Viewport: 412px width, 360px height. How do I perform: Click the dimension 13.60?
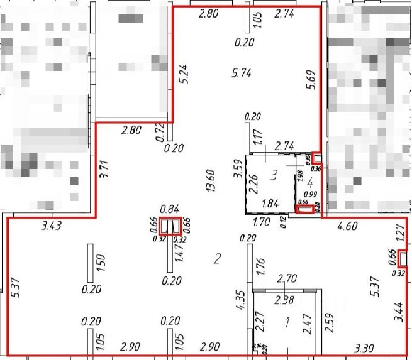211,180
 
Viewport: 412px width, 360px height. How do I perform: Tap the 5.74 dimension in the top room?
242,73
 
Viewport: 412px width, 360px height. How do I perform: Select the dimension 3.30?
365,347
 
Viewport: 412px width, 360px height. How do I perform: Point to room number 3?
274,175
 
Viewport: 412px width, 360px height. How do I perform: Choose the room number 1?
287,323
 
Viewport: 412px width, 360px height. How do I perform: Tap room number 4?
309,182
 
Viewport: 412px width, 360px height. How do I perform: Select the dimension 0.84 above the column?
170,209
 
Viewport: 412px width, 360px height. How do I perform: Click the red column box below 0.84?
170,226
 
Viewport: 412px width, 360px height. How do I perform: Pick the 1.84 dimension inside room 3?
270,203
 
